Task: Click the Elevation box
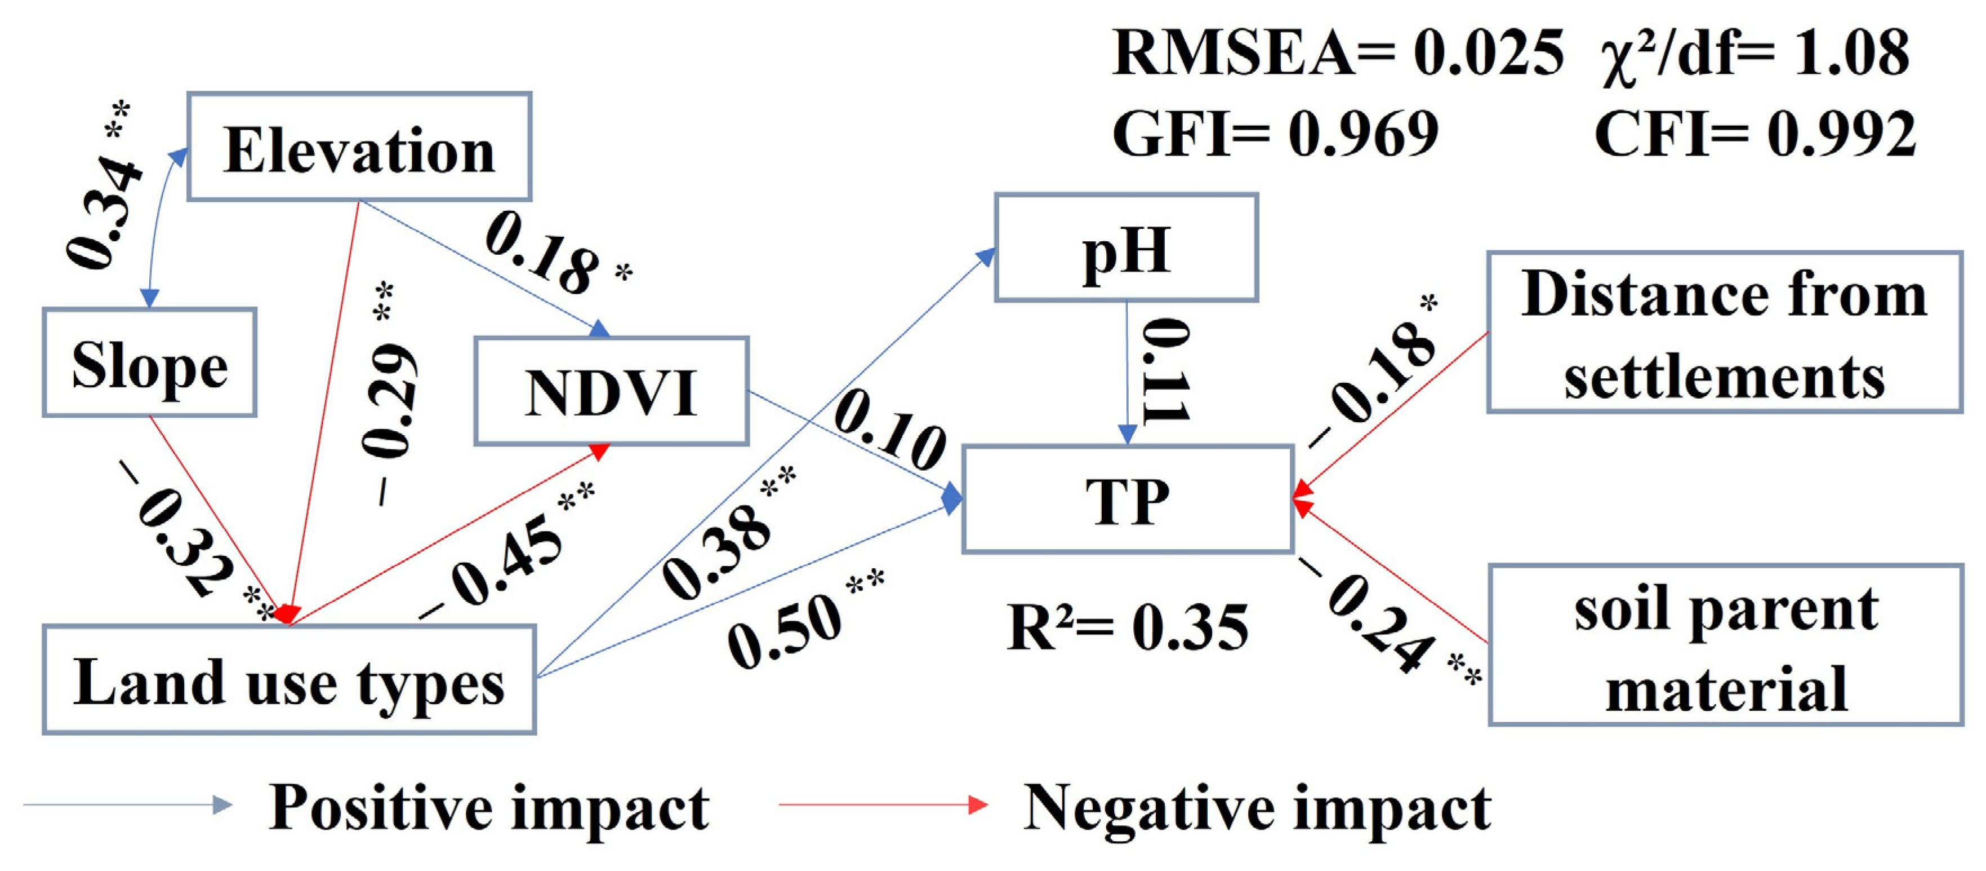[x=359, y=147]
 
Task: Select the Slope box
[x=150, y=362]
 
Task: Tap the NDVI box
[x=611, y=391]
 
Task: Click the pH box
[x=1126, y=247]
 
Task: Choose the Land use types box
[x=289, y=680]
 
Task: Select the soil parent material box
[x=1725, y=645]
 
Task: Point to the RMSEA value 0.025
[x=1488, y=52]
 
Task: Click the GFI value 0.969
[x=1363, y=132]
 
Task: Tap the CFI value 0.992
[x=1841, y=132]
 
